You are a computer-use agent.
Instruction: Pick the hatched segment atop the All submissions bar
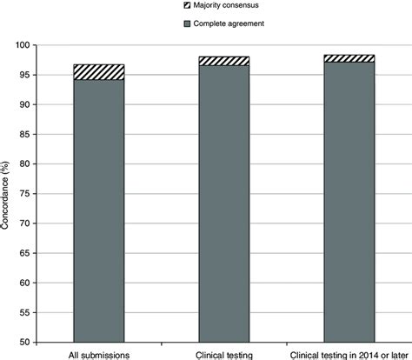(98, 72)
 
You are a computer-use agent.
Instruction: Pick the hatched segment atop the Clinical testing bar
(224, 61)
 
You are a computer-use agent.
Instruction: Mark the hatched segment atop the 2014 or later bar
(349, 58)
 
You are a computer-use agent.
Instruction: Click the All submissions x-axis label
(98, 354)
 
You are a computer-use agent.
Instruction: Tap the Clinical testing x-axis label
(224, 354)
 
